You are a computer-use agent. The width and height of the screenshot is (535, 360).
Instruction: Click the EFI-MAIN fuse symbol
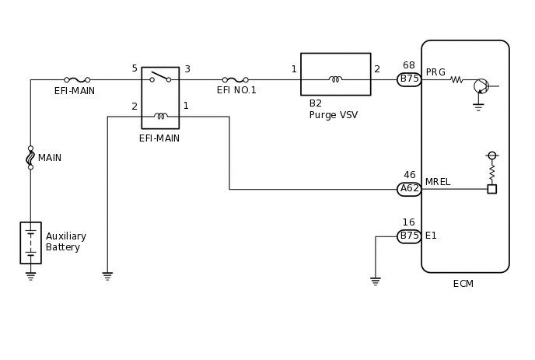click(x=77, y=79)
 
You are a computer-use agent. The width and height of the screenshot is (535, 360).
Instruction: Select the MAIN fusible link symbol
click(x=30, y=158)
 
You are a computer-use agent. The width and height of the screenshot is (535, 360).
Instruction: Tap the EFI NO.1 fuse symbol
click(x=236, y=79)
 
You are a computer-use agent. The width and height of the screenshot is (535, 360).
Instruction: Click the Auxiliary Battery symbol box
click(x=30, y=243)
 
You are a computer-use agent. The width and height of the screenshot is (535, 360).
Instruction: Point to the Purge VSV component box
click(x=335, y=74)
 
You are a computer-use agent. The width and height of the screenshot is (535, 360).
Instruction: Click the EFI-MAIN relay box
click(x=160, y=97)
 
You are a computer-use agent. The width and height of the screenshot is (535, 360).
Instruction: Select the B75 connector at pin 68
click(x=409, y=79)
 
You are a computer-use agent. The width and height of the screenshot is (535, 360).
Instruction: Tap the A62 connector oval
click(x=409, y=189)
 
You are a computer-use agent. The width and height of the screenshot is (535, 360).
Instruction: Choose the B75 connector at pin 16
click(x=409, y=236)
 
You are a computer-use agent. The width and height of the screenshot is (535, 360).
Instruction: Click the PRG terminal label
click(x=435, y=72)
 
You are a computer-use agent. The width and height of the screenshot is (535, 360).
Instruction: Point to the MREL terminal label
click(x=438, y=182)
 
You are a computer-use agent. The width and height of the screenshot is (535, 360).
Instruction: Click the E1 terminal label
click(x=431, y=236)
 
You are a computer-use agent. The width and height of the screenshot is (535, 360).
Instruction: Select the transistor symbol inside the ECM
click(x=481, y=86)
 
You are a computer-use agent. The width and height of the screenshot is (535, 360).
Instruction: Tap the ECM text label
click(x=463, y=284)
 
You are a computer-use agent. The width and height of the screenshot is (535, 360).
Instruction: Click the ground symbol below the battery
click(x=30, y=274)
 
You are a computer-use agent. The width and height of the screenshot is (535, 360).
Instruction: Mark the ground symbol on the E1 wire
click(x=376, y=281)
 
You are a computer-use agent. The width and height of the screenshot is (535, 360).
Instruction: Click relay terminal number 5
click(x=135, y=68)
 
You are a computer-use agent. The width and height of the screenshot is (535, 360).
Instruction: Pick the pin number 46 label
click(x=409, y=175)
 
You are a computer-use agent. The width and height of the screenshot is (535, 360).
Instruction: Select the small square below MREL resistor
click(x=491, y=189)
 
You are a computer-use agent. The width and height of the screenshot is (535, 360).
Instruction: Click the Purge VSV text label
click(x=333, y=115)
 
